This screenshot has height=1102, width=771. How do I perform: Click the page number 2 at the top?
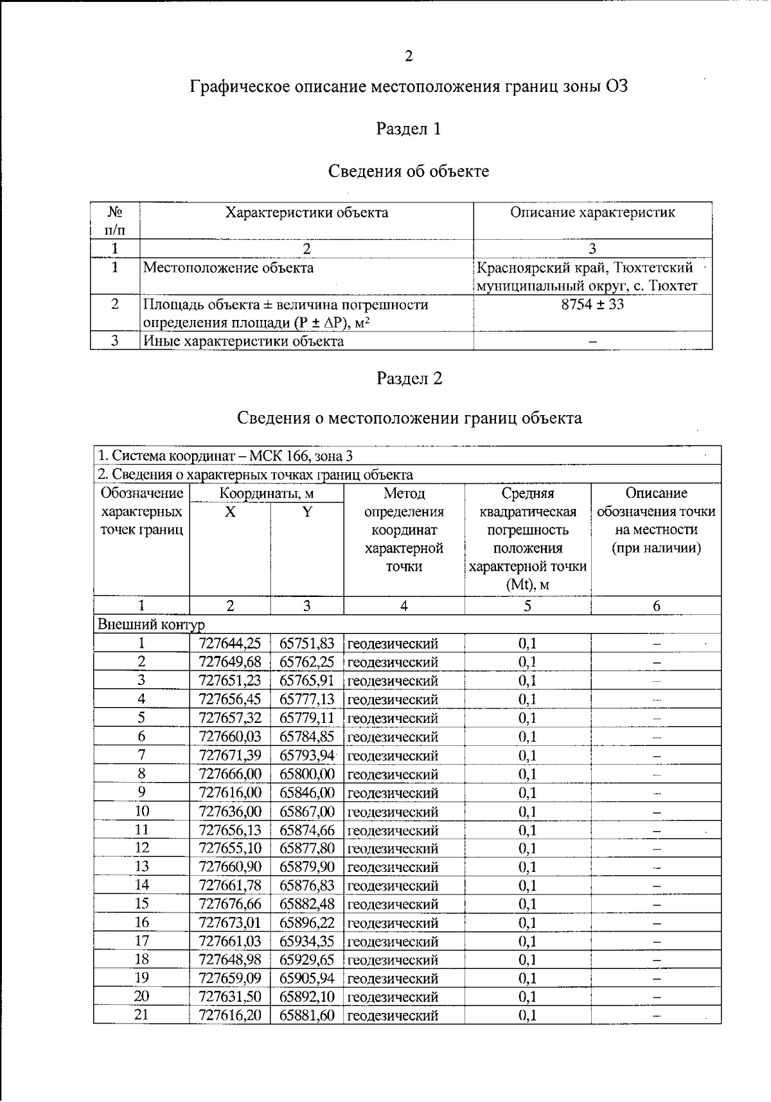409,57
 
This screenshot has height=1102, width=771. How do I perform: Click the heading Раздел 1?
409,129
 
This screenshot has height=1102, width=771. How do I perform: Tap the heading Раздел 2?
409,378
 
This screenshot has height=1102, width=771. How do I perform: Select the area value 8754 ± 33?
592,305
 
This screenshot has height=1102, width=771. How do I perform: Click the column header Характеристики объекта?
306,213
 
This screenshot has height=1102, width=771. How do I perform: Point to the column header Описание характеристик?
592,213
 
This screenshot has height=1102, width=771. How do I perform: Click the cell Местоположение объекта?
228,268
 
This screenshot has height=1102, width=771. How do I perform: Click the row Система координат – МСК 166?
225,456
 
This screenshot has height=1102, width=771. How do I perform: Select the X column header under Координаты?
230,512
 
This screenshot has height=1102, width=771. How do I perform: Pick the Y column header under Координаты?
307,512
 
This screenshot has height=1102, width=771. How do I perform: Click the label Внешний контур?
151,625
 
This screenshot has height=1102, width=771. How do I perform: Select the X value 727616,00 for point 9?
230,793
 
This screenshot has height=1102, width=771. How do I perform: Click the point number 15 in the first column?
141,904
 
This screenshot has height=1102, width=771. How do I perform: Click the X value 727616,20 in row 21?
230,1015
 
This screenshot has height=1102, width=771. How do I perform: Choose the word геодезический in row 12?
393,849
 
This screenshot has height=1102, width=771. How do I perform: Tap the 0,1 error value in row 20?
527,997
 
